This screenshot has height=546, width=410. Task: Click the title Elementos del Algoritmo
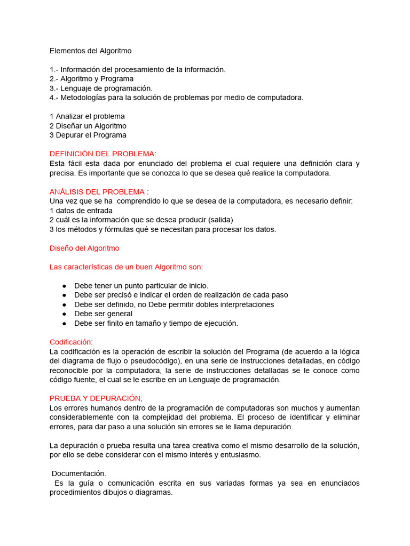[x=90, y=51]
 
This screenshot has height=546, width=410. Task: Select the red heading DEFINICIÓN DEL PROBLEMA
[x=102, y=154]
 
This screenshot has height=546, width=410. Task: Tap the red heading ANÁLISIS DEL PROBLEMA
[x=97, y=191]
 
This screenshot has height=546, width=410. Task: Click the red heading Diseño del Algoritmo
[x=84, y=248]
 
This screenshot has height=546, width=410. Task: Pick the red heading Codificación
[x=71, y=342]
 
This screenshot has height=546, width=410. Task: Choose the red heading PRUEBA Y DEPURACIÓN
[x=96, y=398]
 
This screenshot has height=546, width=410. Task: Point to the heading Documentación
[x=79, y=473]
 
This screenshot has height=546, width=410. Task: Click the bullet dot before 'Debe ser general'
[x=64, y=314]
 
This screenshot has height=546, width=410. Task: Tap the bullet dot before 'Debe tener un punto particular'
[x=64, y=286]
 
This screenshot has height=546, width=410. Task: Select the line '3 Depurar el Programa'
[x=88, y=135]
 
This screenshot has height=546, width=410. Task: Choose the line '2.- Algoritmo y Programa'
[x=91, y=79]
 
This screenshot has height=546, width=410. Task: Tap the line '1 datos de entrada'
[x=81, y=211]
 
